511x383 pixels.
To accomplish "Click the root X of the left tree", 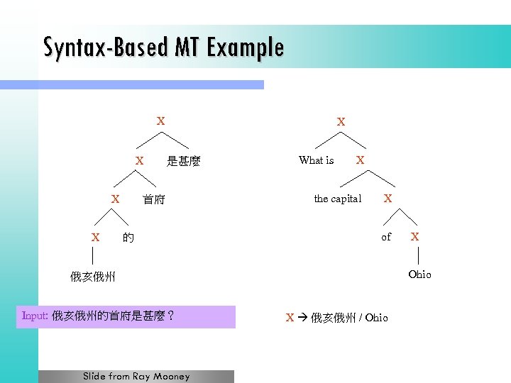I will point(161,121).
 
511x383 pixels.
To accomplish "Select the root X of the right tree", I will point(341,122).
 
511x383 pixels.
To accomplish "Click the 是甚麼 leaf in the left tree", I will point(184,162).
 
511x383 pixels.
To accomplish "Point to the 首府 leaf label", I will point(153,200).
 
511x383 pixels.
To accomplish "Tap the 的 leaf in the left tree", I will point(128,238).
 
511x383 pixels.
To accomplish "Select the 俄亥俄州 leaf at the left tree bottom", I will point(92,277).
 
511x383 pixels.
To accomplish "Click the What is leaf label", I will point(317,160).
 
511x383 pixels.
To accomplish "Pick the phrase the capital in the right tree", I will point(338,199).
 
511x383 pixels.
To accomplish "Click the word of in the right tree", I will point(386,237).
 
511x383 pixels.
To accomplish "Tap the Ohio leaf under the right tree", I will point(419,274).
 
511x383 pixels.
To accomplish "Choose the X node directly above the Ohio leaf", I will point(415,236).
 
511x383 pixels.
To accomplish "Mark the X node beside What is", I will point(361,160).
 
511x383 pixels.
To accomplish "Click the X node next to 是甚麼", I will point(140,161).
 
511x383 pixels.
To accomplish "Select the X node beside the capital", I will point(388,199).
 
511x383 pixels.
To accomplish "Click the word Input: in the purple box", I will point(35,316).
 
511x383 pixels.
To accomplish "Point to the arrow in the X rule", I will point(302,318).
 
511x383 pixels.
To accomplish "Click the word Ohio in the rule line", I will point(377,318).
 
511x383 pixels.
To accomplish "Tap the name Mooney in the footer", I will point(172,377).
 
